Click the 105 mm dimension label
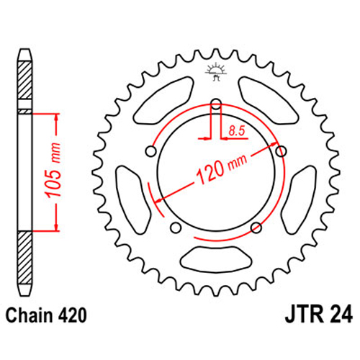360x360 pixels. tap(53, 171)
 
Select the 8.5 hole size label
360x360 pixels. tap(237, 131)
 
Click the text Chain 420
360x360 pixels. tap(46, 315)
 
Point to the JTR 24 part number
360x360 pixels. tap(319, 314)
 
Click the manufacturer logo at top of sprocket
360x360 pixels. tap(215, 71)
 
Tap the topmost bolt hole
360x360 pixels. tap(216, 104)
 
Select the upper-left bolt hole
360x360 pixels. tap(151, 151)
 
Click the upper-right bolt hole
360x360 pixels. tap(281, 151)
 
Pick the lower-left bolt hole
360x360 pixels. tap(176, 228)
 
